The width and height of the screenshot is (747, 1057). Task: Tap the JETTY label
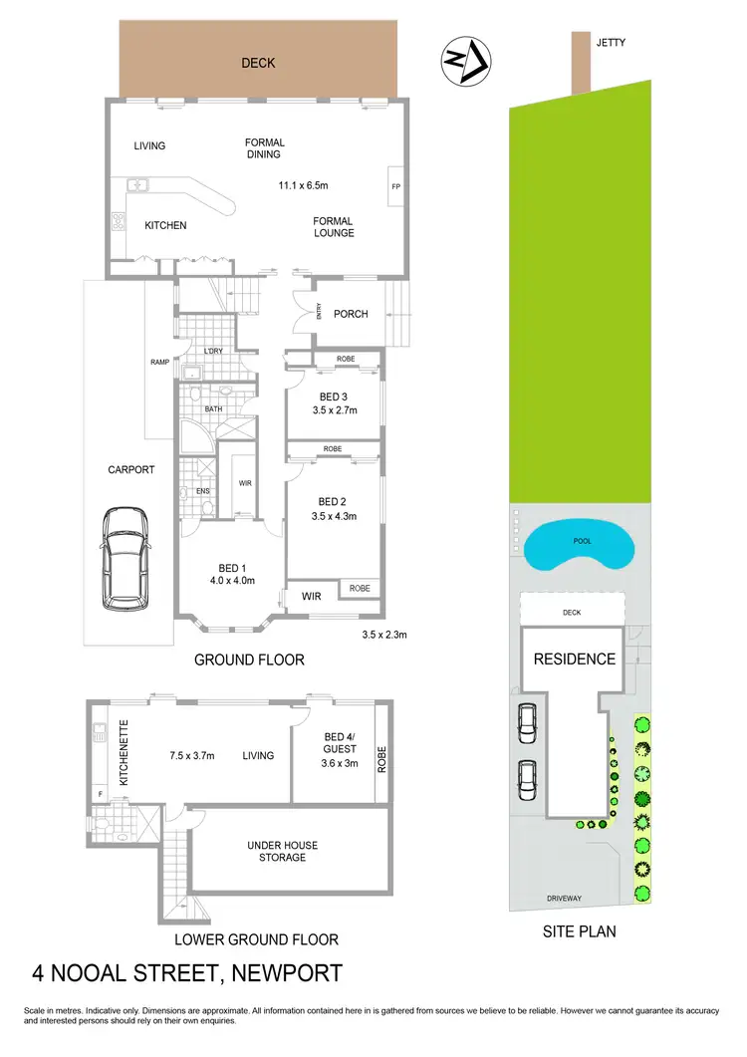(x=610, y=42)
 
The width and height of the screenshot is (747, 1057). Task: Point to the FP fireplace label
(x=394, y=186)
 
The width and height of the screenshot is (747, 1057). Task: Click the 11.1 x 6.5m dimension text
(x=304, y=185)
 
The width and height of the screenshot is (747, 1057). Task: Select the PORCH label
(x=351, y=314)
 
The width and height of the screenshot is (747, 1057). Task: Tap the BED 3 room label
(x=333, y=396)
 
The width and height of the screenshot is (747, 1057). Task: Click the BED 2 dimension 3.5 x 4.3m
(x=334, y=516)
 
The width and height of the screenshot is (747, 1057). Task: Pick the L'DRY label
(x=213, y=352)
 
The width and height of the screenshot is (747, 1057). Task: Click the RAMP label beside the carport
(x=159, y=362)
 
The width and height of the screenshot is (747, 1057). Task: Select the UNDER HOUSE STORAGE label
(x=283, y=851)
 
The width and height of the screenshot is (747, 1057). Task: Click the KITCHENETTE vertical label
(x=124, y=754)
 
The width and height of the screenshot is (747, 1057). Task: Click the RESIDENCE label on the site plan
(x=575, y=659)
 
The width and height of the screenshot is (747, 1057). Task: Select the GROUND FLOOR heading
(x=249, y=660)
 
